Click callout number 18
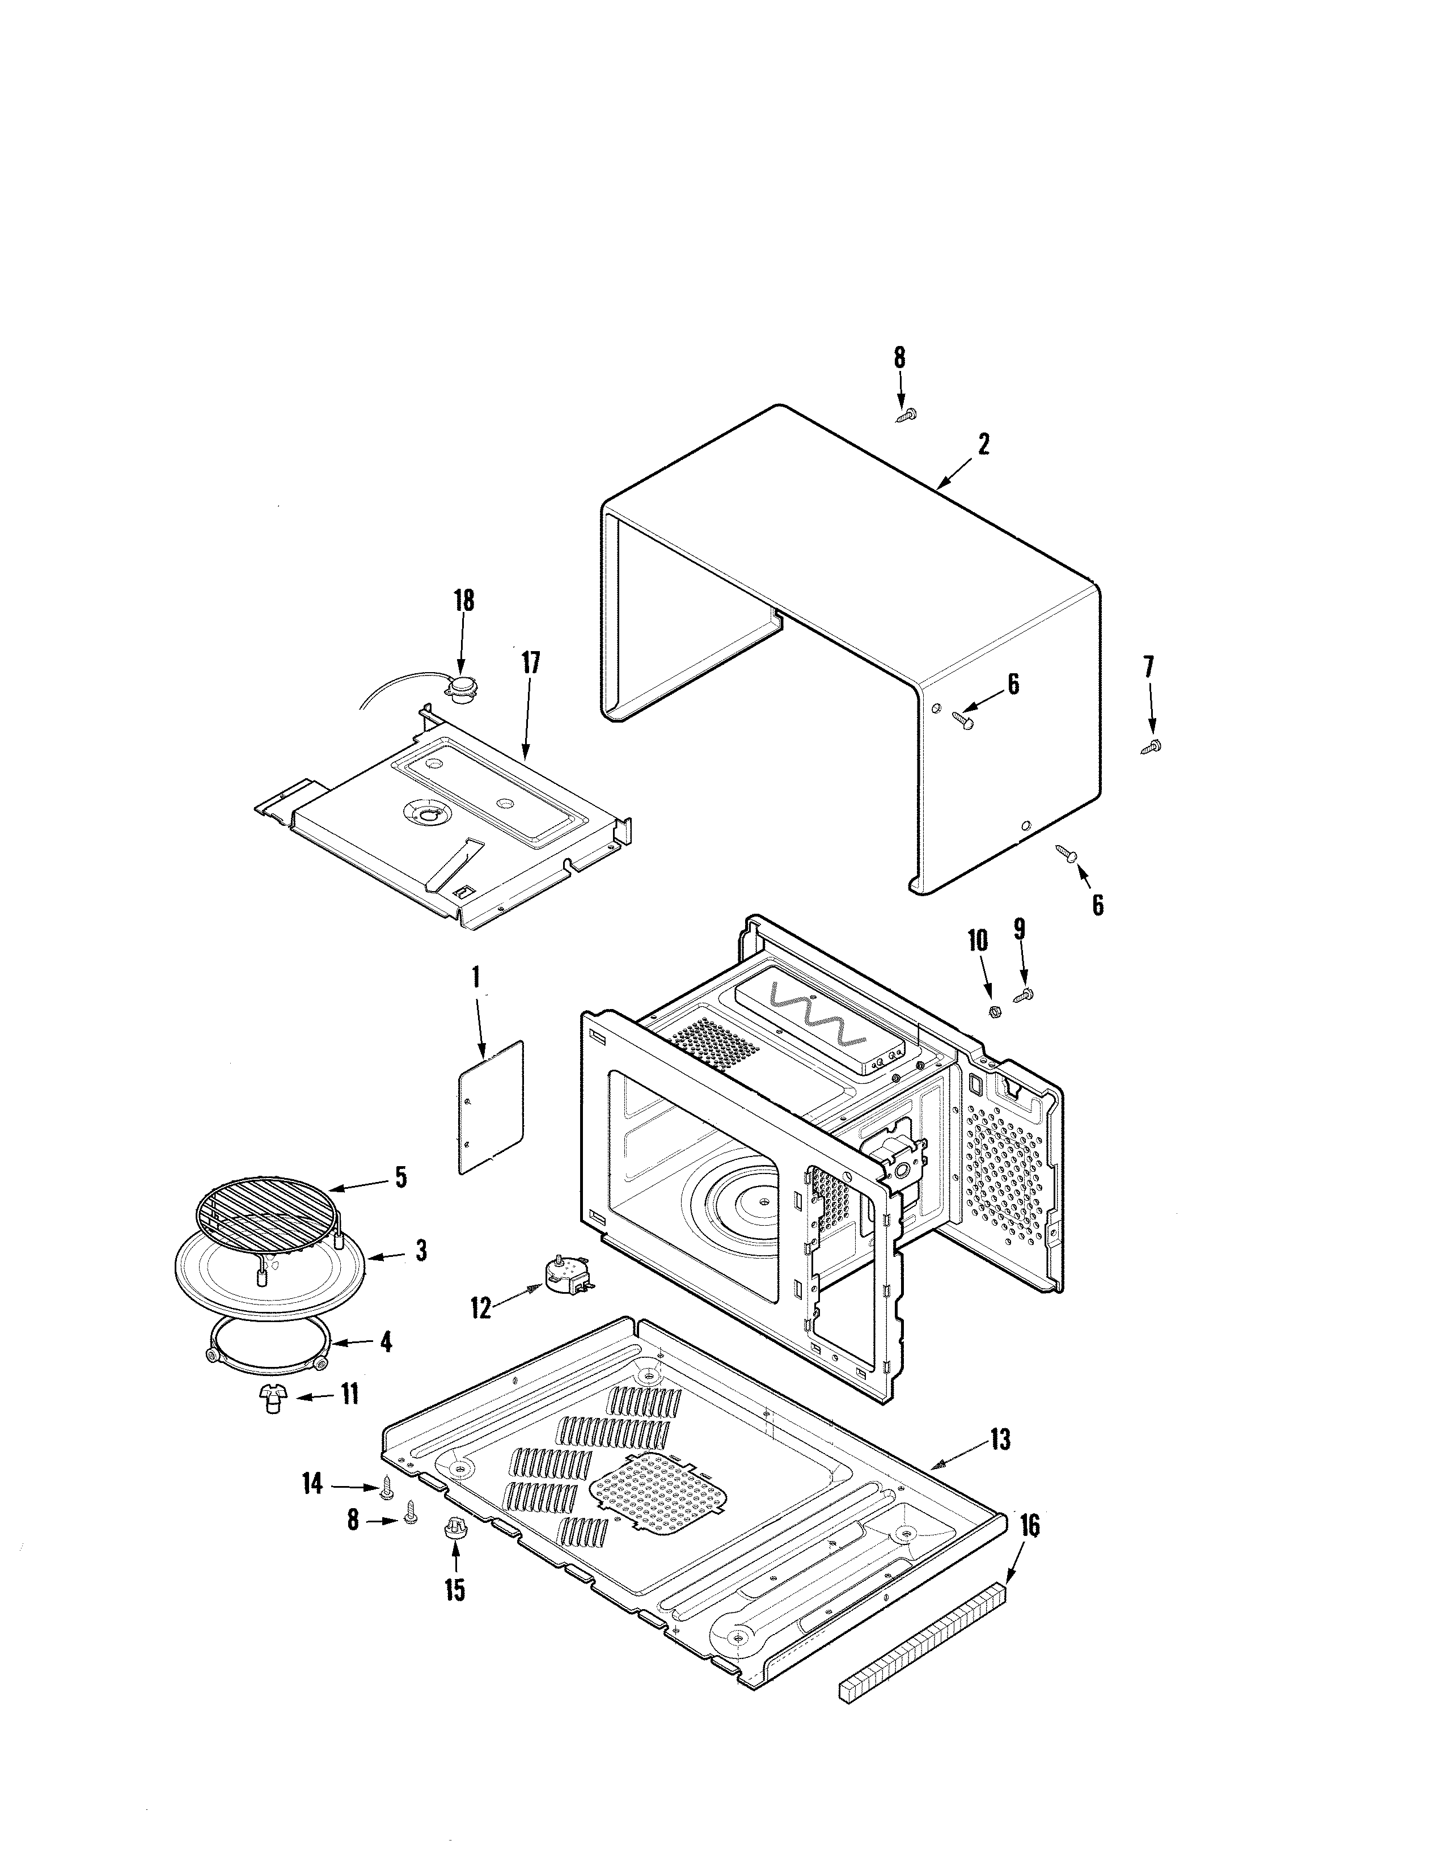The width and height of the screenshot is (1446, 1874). click(x=463, y=600)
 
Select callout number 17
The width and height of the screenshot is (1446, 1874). click(x=531, y=662)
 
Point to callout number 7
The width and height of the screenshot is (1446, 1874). click(x=1148, y=666)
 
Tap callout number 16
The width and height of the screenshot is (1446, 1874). click(x=1029, y=1526)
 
